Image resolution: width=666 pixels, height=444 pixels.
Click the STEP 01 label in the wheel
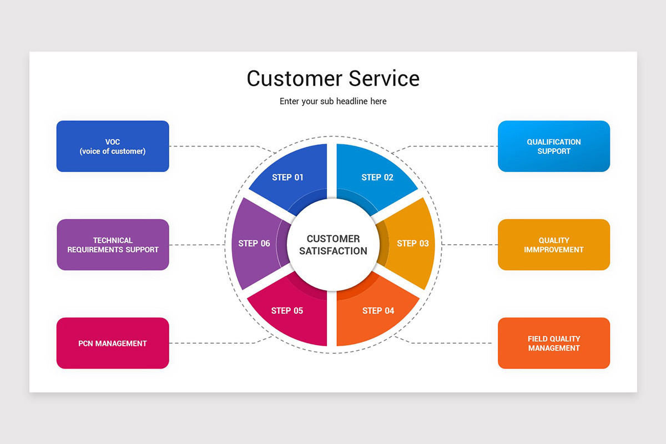click(x=287, y=178)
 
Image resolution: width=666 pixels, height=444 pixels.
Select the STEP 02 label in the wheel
click(x=377, y=178)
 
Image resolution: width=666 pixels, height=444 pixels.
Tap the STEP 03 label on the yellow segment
click(x=413, y=244)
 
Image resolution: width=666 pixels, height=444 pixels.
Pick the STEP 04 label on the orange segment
click(x=378, y=311)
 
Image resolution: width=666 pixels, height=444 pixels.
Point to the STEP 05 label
click(x=287, y=311)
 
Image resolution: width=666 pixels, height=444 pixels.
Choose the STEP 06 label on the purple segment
click(x=254, y=244)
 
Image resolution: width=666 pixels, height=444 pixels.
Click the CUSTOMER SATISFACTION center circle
click(x=333, y=245)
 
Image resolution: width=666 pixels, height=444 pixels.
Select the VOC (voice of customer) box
click(x=113, y=147)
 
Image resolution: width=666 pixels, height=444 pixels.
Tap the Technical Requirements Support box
click(x=113, y=245)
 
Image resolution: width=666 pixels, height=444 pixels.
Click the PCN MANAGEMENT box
click(x=113, y=344)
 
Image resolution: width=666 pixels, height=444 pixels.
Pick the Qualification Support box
click(x=553, y=147)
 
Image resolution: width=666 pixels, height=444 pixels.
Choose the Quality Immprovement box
click(x=553, y=245)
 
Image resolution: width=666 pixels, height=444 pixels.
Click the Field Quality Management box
click(x=553, y=344)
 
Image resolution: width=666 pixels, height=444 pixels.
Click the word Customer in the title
click(x=294, y=78)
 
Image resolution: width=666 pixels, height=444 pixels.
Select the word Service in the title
click(x=384, y=78)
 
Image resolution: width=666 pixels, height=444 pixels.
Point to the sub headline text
click(x=333, y=102)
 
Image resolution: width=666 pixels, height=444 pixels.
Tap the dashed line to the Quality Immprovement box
click(x=472, y=245)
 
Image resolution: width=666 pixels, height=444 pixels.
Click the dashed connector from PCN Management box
click(x=211, y=343)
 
